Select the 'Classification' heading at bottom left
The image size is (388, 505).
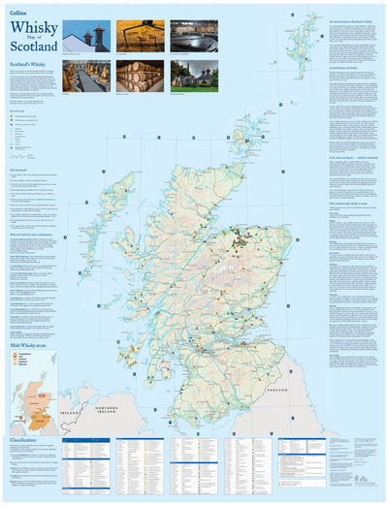(24, 439)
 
